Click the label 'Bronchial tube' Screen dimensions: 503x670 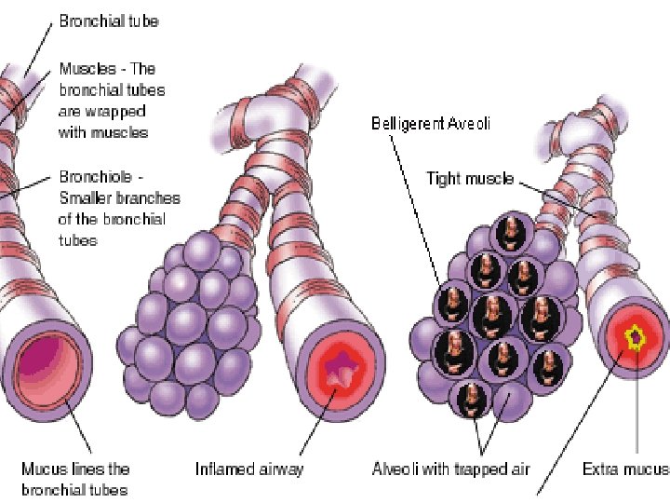[108, 20]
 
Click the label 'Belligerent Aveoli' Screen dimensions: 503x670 [430, 123]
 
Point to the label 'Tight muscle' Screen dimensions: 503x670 [469, 179]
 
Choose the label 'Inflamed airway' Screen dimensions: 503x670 [248, 469]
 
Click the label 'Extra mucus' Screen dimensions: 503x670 [624, 469]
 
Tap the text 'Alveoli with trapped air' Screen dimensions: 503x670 [450, 469]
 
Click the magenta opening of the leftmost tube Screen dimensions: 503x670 [42, 359]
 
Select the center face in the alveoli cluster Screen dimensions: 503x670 [491, 315]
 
